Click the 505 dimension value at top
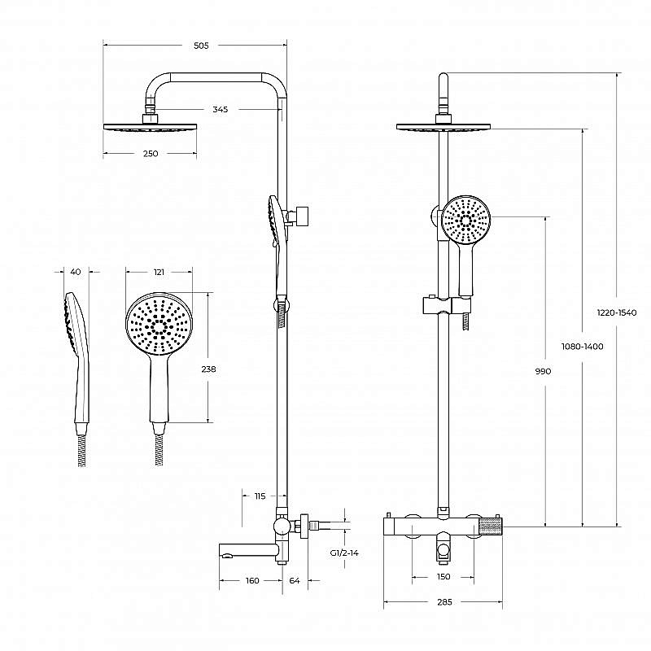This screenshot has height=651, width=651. pyautogui.click(x=201, y=46)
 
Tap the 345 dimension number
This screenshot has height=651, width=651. pyautogui.click(x=220, y=109)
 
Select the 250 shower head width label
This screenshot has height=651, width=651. pyautogui.click(x=151, y=154)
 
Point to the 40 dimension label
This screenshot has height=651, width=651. pyautogui.click(x=76, y=272)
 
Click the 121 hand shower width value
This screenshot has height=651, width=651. pyautogui.click(x=159, y=272)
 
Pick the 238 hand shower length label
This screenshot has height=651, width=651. pyautogui.click(x=208, y=369)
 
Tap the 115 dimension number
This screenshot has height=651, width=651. pyautogui.click(x=260, y=496)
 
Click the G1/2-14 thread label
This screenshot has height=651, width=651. pyautogui.click(x=344, y=553)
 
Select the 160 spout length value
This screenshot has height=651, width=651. pyautogui.click(x=252, y=580)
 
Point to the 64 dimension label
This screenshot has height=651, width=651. pyautogui.click(x=295, y=580)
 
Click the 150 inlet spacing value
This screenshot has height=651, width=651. pyautogui.click(x=443, y=577)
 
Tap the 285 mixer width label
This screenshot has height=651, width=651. pyautogui.click(x=444, y=602)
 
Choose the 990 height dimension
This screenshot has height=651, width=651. pyautogui.click(x=543, y=371)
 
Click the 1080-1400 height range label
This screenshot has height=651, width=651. pyautogui.click(x=582, y=347)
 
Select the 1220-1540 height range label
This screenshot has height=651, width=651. pyautogui.click(x=617, y=312)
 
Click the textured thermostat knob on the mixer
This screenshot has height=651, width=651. pyautogui.click(x=491, y=526)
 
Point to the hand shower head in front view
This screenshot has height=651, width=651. pyautogui.click(x=465, y=220)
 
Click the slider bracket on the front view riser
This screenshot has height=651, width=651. pyautogui.click(x=447, y=305)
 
